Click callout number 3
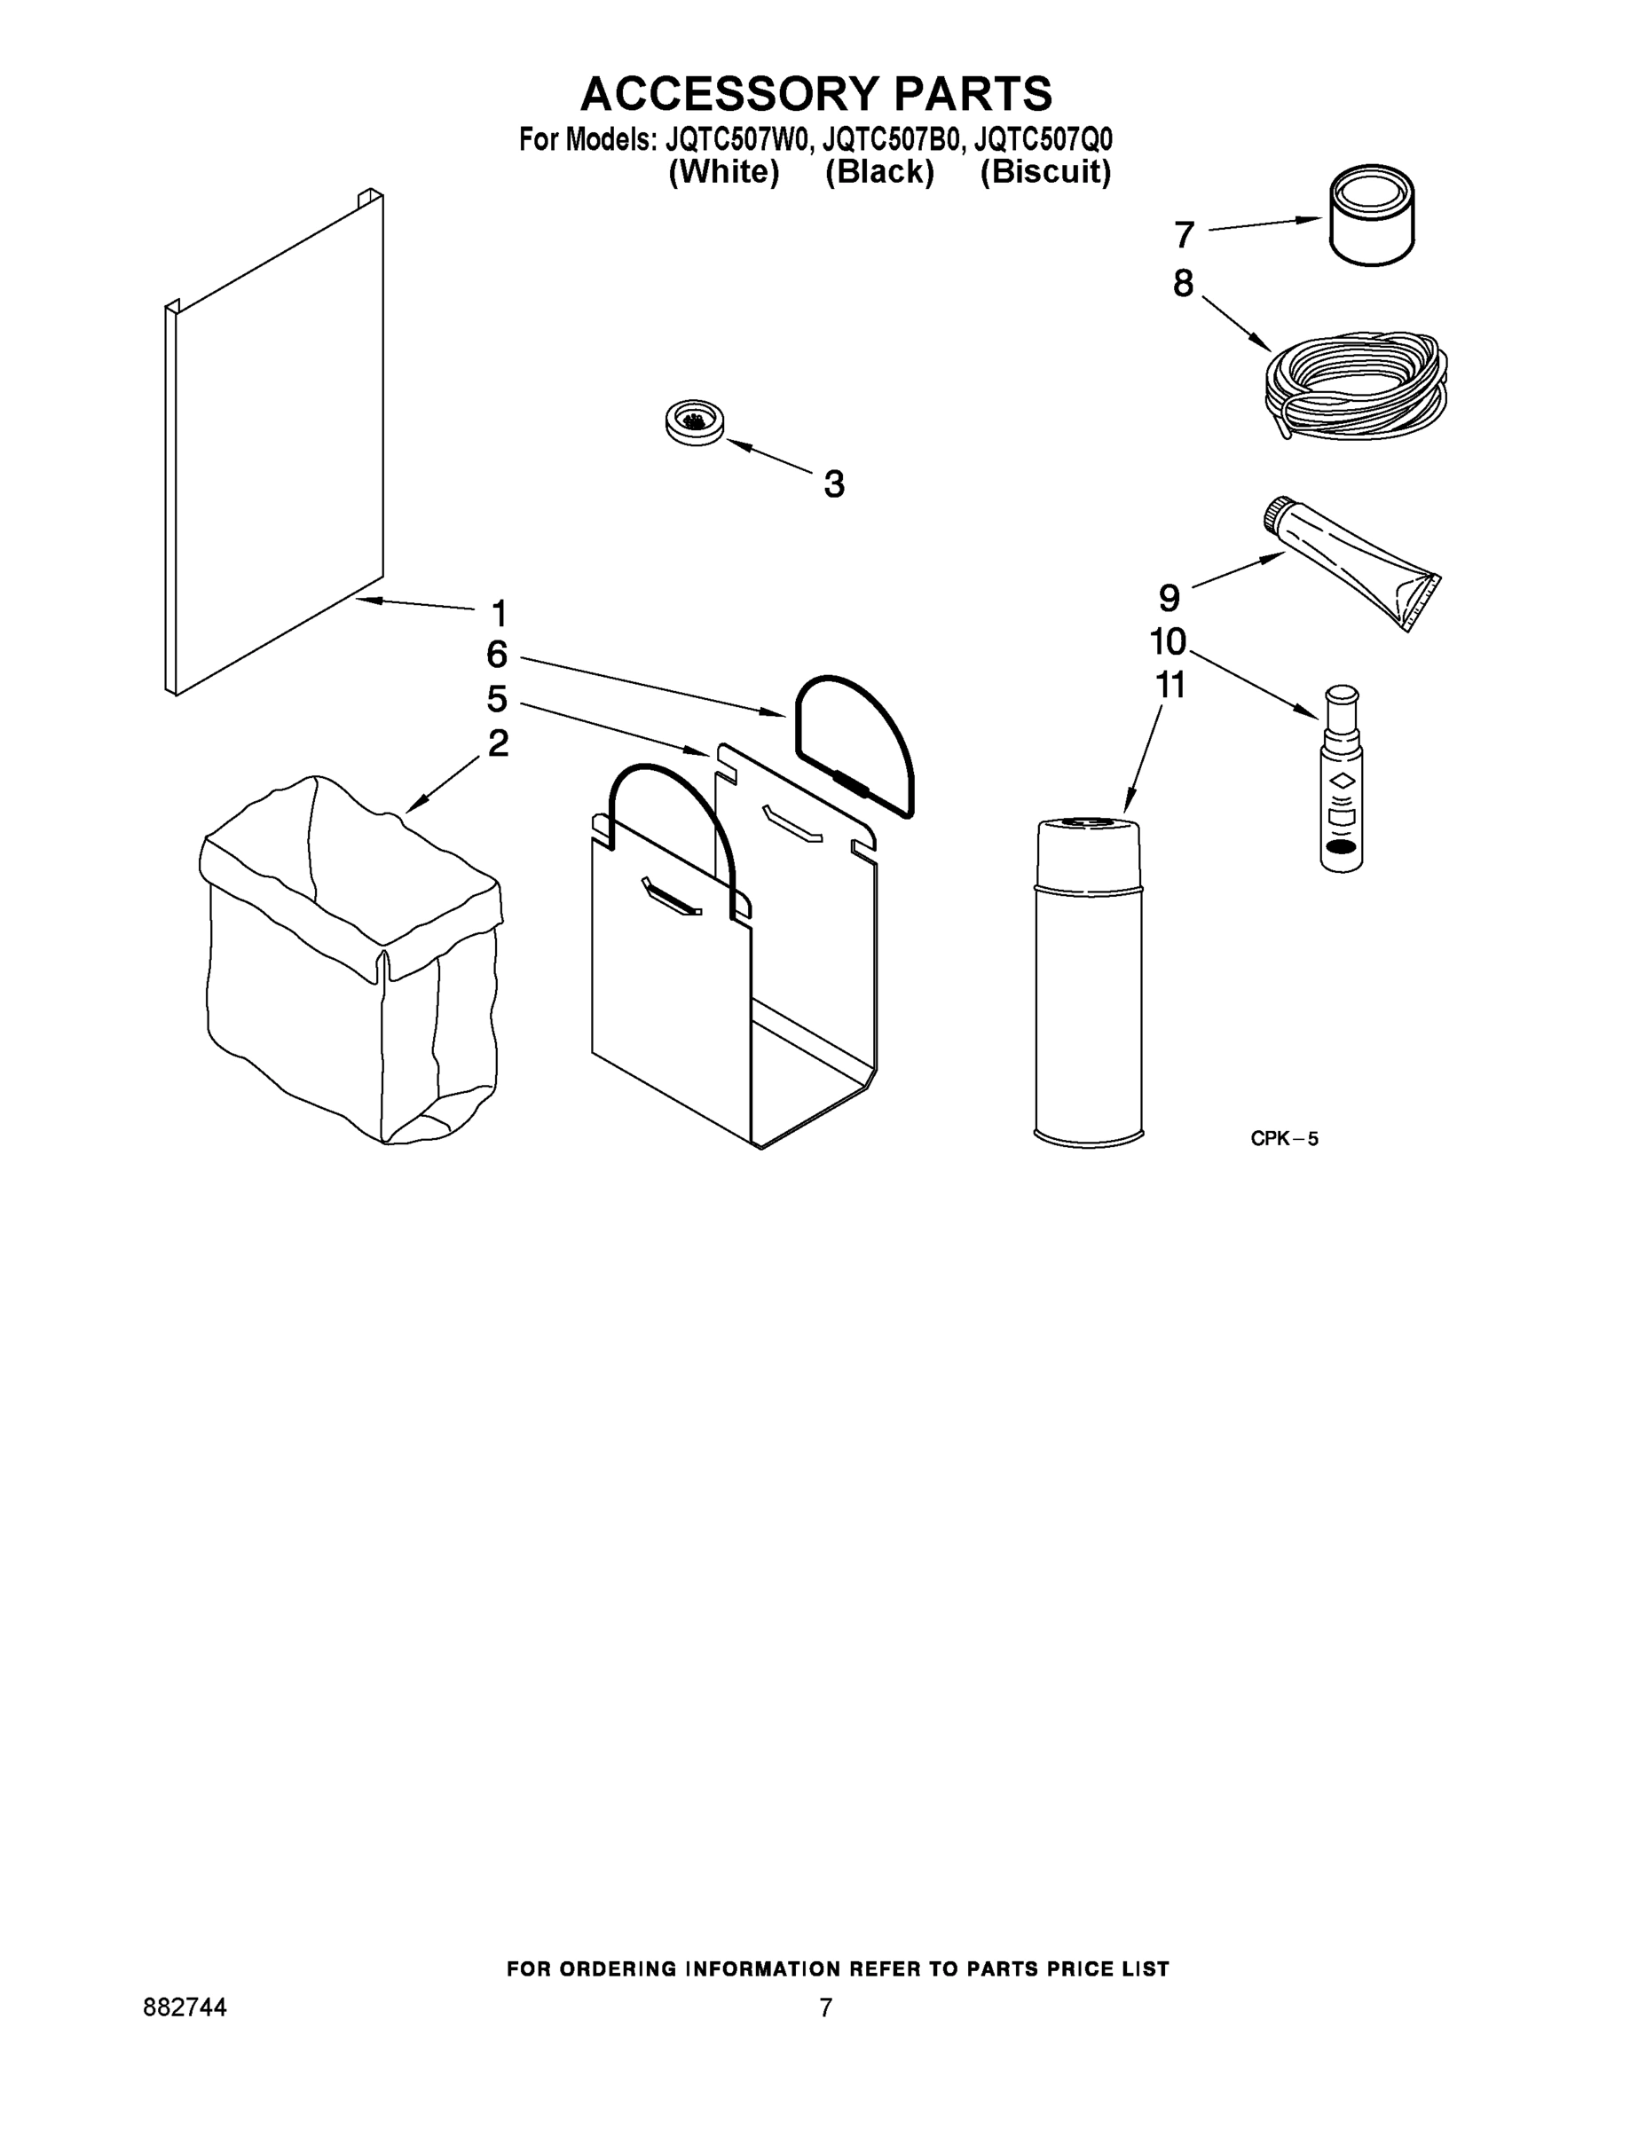click(x=834, y=483)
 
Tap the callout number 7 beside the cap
click(x=1184, y=235)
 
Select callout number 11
click(x=1170, y=686)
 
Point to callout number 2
click(x=497, y=742)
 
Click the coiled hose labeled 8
click(x=1357, y=386)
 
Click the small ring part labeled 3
click(x=694, y=422)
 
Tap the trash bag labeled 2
click(x=351, y=965)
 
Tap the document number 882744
click(x=185, y=2007)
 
